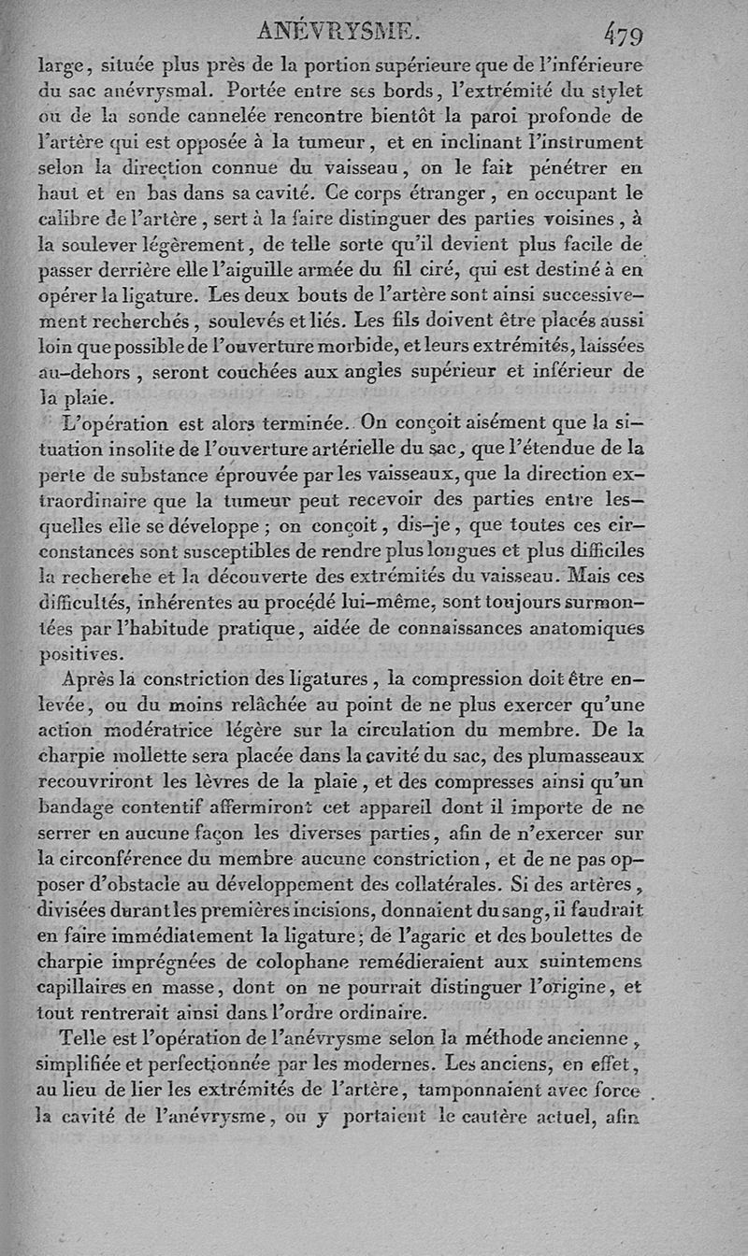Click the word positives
pos(79,654)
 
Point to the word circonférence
pos(136,857)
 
